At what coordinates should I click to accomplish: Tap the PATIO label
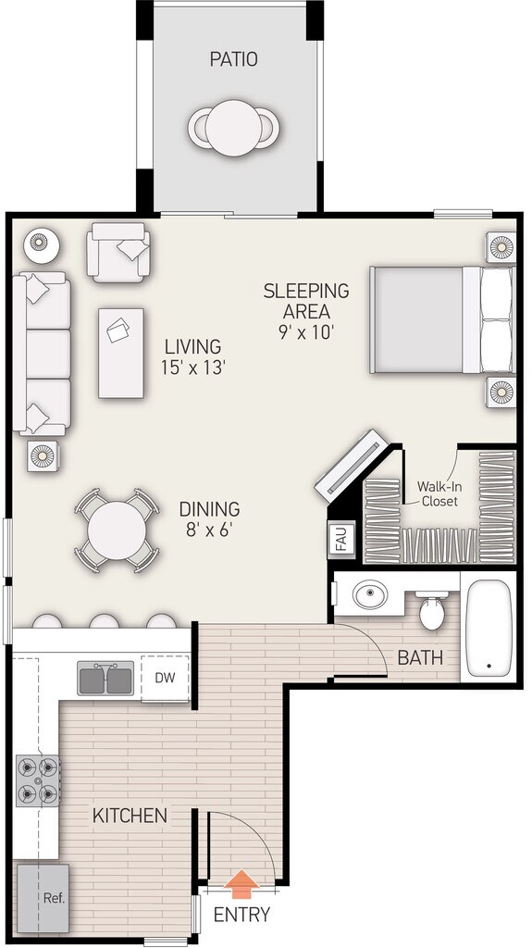click(x=233, y=59)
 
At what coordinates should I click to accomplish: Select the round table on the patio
click(x=233, y=128)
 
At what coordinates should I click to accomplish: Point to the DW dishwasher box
click(x=165, y=678)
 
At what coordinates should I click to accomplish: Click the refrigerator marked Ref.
click(x=43, y=898)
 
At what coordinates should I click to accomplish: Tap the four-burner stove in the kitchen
click(x=38, y=780)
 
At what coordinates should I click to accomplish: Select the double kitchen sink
click(x=105, y=678)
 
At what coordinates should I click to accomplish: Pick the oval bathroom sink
click(x=370, y=595)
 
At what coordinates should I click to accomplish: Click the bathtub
click(x=489, y=629)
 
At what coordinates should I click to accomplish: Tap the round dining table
click(x=117, y=530)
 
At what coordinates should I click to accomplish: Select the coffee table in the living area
click(x=121, y=353)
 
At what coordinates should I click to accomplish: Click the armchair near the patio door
click(x=118, y=252)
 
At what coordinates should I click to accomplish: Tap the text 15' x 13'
click(x=193, y=368)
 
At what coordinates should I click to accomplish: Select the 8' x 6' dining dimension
click(x=209, y=530)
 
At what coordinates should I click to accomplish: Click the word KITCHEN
click(x=130, y=815)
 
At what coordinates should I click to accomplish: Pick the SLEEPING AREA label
click(x=306, y=301)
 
